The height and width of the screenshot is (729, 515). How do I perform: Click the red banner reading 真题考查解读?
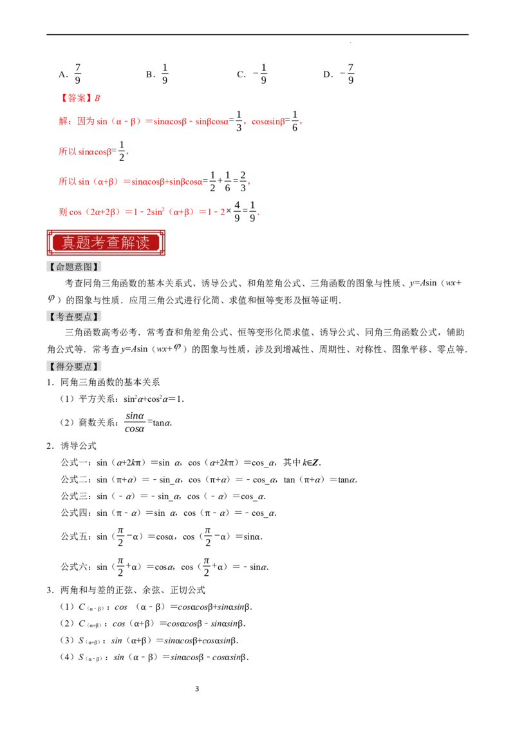106,242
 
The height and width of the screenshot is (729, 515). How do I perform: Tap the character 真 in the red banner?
62,243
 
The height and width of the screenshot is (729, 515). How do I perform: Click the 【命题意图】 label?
75,266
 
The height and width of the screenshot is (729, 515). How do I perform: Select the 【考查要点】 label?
75,317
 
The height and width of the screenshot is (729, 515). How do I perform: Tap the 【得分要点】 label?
75,366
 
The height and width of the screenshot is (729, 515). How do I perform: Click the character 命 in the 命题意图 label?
61,266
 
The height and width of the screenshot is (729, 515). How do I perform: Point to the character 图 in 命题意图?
88,266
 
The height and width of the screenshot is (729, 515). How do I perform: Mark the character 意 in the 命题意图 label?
79,266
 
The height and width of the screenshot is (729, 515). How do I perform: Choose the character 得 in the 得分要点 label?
61,366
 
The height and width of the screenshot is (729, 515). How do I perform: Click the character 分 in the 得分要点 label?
70,366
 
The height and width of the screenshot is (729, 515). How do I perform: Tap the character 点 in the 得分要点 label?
88,366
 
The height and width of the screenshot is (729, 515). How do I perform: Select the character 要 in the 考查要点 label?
79,317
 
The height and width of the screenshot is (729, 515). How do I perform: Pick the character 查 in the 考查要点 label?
70,317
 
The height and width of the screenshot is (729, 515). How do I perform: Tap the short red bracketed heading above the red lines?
81,98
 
